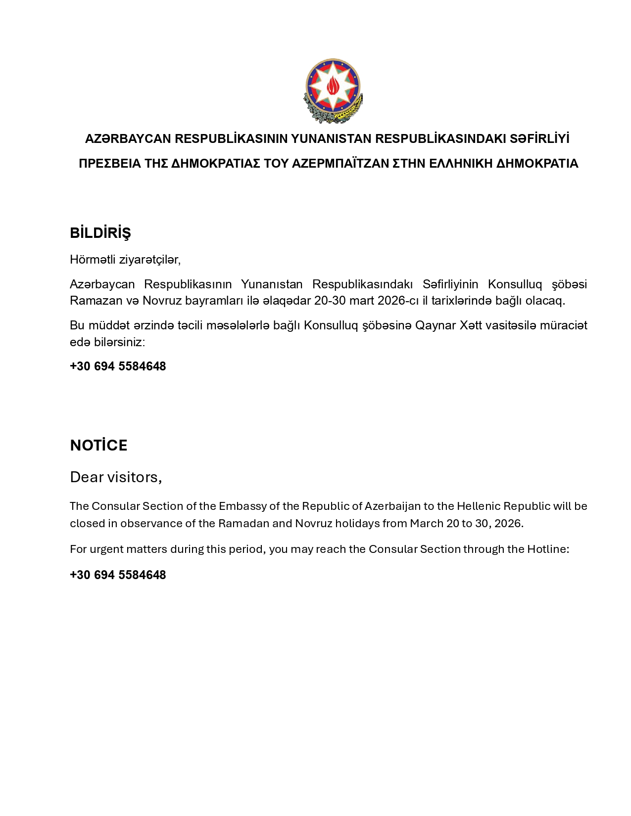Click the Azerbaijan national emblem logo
tap(333, 91)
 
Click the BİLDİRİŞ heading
tap(100, 233)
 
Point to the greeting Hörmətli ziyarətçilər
tap(125, 260)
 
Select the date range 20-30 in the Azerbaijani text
tap(330, 301)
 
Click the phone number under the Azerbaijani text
tap(118, 366)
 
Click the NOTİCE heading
tap(98, 446)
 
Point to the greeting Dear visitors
tap(116, 477)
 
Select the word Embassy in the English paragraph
tap(240, 506)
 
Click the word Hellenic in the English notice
tap(478, 506)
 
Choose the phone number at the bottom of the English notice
tap(118, 575)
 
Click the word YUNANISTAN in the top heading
tap(331, 139)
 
